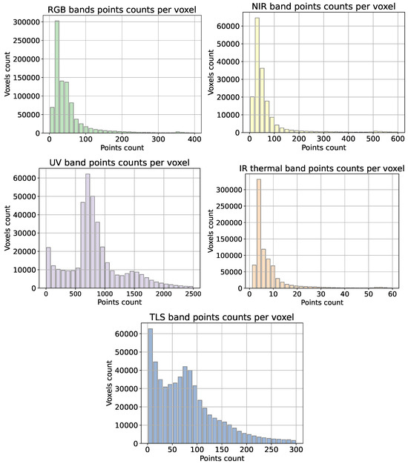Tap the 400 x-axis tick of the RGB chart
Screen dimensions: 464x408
[195, 139]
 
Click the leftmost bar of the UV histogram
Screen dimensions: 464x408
[48, 268]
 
